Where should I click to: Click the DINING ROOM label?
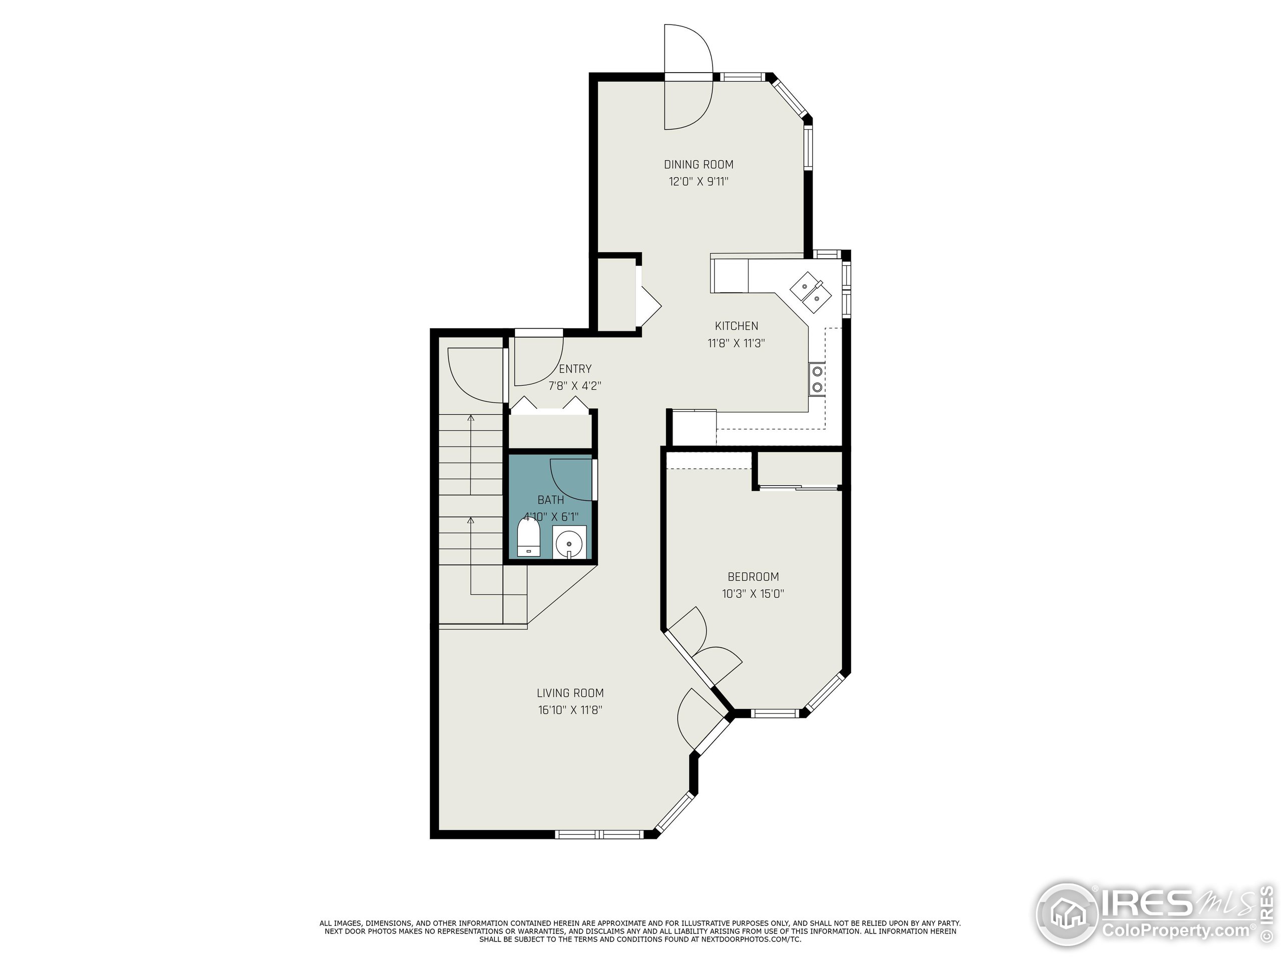699,165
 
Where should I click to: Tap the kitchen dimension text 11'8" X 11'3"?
736,343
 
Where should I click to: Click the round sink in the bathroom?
570,544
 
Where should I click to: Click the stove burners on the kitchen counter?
817,379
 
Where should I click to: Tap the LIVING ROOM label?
570,693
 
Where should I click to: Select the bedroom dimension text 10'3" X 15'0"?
753,594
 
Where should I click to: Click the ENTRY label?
575,369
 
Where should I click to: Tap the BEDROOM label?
753,577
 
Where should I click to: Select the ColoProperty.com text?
1175,931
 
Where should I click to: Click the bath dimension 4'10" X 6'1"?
551,517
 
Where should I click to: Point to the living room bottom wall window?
599,834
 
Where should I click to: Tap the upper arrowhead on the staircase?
471,417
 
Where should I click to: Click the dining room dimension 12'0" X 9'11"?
699,181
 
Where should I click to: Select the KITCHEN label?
736,326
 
